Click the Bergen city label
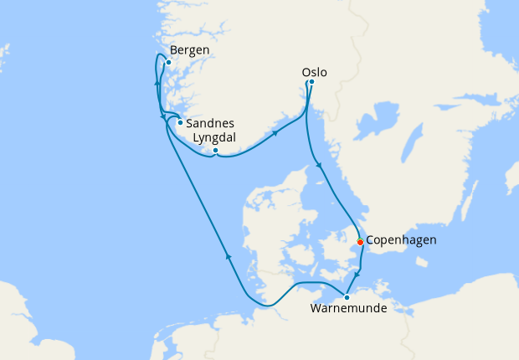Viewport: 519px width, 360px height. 188,49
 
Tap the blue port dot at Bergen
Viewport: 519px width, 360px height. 168,62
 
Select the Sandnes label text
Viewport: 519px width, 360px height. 204,121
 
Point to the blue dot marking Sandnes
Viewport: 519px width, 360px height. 180,122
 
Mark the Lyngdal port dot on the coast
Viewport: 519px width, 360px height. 215,151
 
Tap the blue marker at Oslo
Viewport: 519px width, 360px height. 311,82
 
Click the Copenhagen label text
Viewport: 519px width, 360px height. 401,240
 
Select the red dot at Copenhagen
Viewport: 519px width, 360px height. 360,242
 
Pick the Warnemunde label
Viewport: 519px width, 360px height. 348,309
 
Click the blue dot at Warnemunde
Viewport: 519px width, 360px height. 347,297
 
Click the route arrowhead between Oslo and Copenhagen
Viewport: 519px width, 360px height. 318,167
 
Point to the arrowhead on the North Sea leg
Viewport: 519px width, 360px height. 228,257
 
